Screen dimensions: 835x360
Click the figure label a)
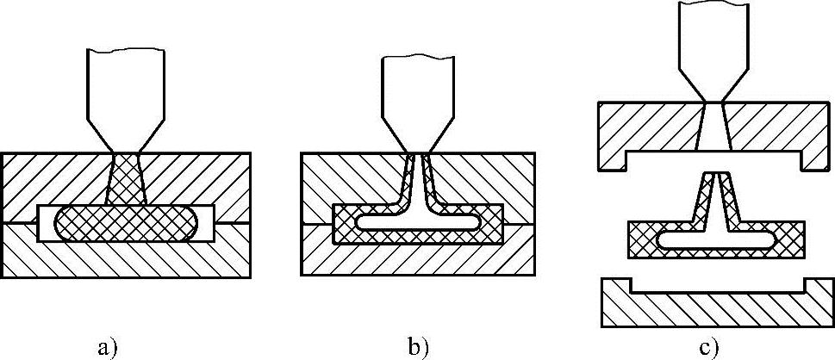pos(107,347)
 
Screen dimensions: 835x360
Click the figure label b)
pos(418,347)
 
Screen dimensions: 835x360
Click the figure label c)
pos(708,347)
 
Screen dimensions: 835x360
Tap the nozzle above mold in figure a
pos(126,95)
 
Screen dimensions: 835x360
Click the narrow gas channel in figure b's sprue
pos(419,177)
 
